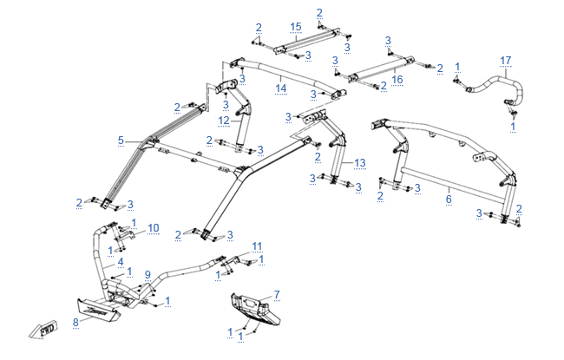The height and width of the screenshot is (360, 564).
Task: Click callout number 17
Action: (x=505, y=60)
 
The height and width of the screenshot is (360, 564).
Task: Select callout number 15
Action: (x=295, y=27)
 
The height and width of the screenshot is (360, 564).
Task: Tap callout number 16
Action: (x=397, y=79)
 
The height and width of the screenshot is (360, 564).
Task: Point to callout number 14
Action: (x=280, y=88)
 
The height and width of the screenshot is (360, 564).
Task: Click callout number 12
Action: (x=223, y=121)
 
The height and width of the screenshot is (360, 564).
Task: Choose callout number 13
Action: (x=360, y=162)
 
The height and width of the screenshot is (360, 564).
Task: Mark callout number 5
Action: (x=121, y=139)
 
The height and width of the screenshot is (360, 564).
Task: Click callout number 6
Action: (x=449, y=199)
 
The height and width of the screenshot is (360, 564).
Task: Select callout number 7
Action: (x=277, y=294)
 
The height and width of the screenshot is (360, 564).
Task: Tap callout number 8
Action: (x=75, y=321)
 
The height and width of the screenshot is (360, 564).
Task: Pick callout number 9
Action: (x=148, y=274)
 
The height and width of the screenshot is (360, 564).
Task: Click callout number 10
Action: (x=154, y=227)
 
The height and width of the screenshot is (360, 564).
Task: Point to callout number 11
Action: (x=256, y=245)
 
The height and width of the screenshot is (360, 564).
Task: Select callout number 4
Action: (x=121, y=261)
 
